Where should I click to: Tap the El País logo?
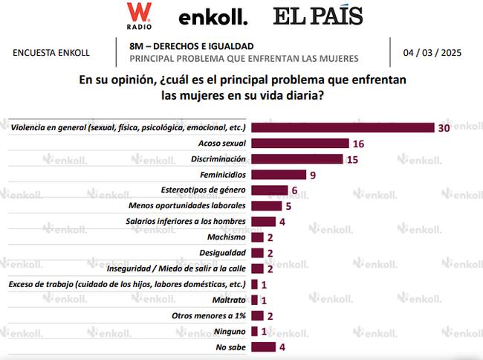coord(317,16)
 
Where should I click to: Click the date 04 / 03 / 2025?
coord(433,53)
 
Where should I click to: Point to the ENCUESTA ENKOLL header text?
coord(51,53)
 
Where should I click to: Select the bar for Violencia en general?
coord(343,127)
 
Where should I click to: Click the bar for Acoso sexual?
coord(300,143)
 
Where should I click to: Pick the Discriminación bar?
coord(297,158)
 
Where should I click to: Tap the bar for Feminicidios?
coord(279,175)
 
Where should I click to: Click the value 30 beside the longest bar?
coord(444,127)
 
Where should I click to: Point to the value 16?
coord(358,143)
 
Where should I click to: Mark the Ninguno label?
coord(230,331)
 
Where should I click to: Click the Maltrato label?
coord(230,300)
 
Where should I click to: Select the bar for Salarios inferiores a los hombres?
coord(263,222)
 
